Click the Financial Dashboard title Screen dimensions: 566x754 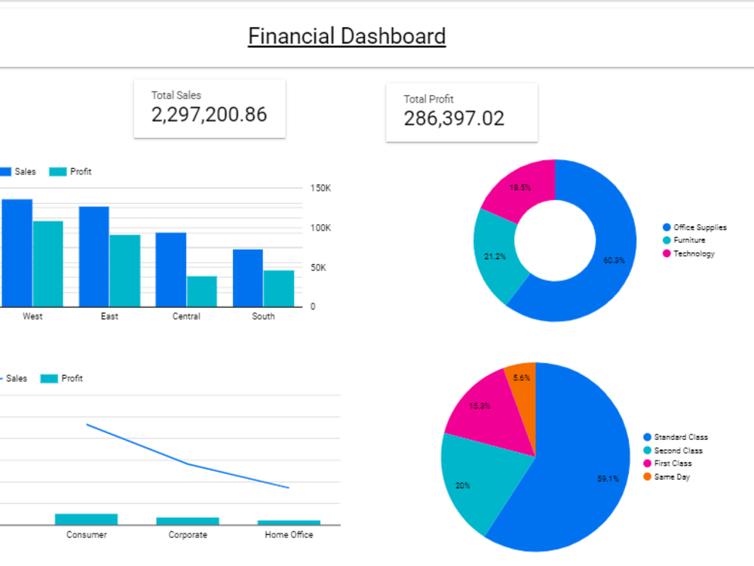click(347, 36)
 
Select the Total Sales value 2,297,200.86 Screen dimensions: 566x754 click(209, 115)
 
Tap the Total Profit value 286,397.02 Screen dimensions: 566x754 click(454, 118)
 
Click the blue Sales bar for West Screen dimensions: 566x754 click(17, 253)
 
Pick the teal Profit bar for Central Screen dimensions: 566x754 click(201, 291)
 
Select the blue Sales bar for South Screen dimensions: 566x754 click(247, 278)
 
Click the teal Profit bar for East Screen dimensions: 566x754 click(124, 270)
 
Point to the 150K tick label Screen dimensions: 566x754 click(320, 188)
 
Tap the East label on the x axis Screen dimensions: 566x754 click(109, 316)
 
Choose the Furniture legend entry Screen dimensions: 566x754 click(688, 240)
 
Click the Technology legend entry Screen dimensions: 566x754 click(693, 254)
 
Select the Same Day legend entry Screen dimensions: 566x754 click(671, 477)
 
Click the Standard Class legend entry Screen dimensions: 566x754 click(680, 437)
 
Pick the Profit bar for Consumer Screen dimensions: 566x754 click(86, 519)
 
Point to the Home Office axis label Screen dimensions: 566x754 click(289, 535)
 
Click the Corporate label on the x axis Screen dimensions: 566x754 click(188, 535)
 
